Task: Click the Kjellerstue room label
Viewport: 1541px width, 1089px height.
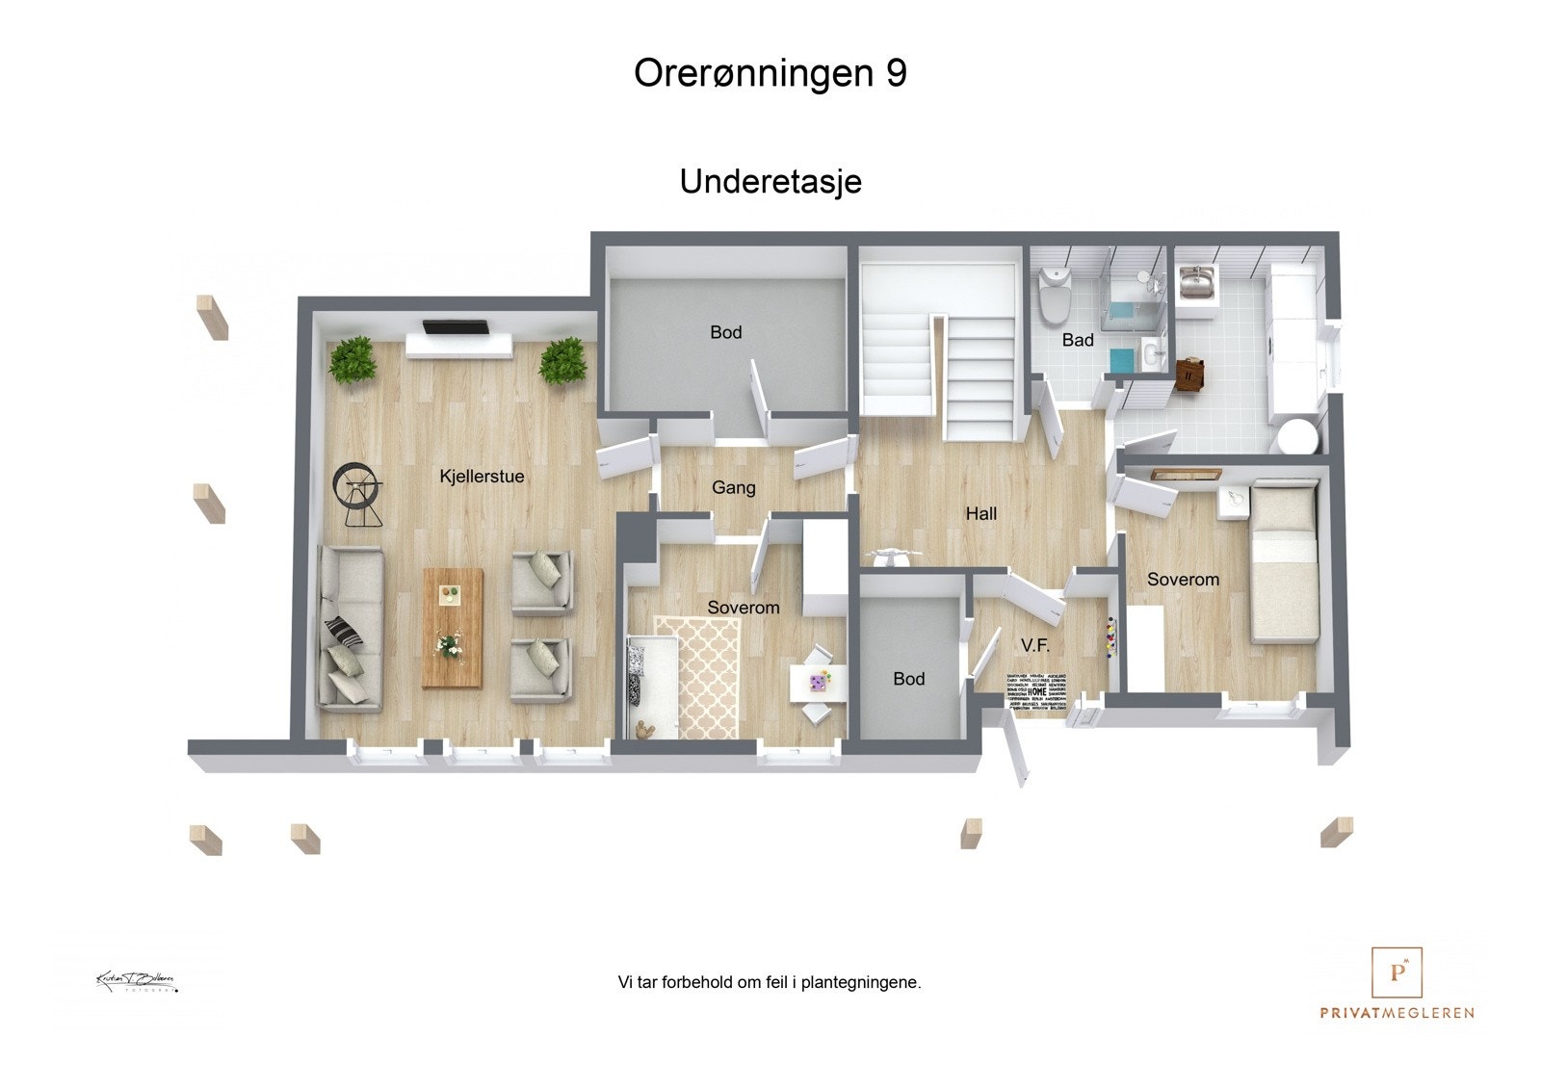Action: [x=482, y=476]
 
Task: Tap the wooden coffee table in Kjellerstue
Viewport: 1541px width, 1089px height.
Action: [x=453, y=627]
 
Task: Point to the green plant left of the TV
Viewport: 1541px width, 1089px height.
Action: [x=351, y=359]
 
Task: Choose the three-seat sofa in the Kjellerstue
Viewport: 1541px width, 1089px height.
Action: [x=350, y=628]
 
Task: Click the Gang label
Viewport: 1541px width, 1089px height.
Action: [x=733, y=487]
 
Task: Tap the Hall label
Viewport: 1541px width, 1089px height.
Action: [x=980, y=513]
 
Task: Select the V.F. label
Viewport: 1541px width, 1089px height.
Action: [x=1035, y=645]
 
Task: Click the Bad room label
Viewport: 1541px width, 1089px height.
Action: [x=1078, y=340]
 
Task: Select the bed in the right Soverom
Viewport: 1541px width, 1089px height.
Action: [x=1284, y=563]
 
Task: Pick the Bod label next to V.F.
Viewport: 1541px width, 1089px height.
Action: [x=908, y=679]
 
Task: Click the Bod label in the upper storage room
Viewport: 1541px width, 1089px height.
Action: [x=725, y=332]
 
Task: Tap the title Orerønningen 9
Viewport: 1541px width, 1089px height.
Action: [x=770, y=73]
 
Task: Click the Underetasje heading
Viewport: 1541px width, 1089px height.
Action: [x=770, y=181]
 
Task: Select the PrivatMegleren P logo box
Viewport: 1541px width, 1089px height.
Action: [x=1397, y=972]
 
